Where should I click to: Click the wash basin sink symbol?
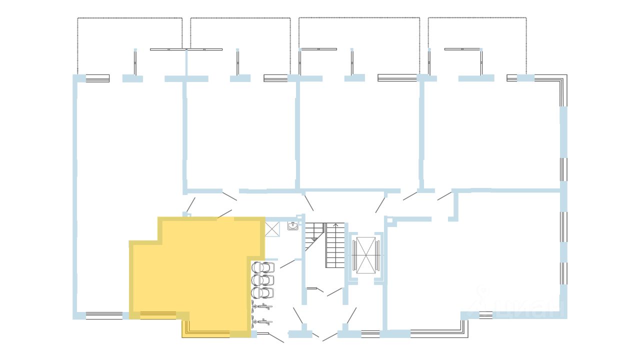[293, 226]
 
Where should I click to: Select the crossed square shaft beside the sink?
[272, 228]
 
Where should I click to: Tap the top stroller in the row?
[263, 267]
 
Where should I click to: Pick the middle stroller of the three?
[263, 280]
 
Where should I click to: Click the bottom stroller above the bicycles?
[263, 292]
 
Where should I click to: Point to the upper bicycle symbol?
[262, 307]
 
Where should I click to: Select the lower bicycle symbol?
[262, 321]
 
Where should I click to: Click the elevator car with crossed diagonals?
[365, 255]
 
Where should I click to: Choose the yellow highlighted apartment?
[200, 270]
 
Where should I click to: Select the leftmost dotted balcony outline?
[129, 45]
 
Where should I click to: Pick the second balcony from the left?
[240, 45]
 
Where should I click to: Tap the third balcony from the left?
[359, 45]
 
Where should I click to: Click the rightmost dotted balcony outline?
[477, 45]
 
